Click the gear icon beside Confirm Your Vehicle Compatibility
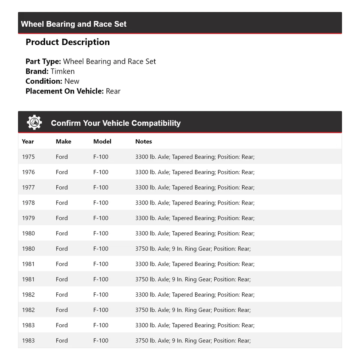coord(34,122)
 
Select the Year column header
coord(28,142)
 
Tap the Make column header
coord(63,142)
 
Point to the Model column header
coord(102,142)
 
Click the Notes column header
coord(144,142)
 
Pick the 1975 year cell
coord(28,157)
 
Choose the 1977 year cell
coord(28,188)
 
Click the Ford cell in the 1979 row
coord(62,218)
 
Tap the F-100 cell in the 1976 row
coord(101,172)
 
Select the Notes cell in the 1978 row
coord(195,203)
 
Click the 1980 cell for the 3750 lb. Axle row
coord(28,249)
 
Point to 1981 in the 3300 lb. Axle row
coord(28,264)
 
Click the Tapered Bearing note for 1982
coord(195,295)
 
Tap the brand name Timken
coord(63,71)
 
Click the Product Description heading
coord(67,42)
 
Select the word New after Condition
coord(72,81)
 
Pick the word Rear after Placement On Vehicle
coord(113,91)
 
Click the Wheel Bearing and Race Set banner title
coord(73,24)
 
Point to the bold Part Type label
coord(43,62)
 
